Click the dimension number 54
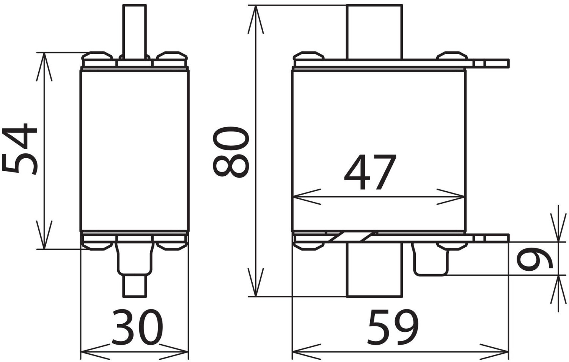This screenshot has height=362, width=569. [19, 149]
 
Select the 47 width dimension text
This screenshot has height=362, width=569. [370, 172]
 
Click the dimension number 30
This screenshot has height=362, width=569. [137, 327]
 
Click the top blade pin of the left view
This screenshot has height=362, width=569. [135, 32]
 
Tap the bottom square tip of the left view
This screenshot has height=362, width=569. [135, 286]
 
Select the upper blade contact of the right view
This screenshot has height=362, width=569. [374, 32]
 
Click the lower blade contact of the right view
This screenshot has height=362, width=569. [374, 270]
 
